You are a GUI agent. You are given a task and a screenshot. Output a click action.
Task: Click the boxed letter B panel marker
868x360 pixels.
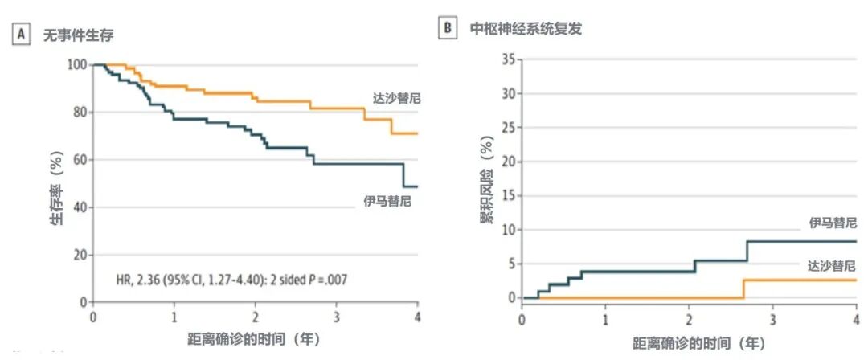point(447,28)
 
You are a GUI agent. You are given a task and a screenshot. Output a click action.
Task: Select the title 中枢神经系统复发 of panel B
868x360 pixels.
point(526,28)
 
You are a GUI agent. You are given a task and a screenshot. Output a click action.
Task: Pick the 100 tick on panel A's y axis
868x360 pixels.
point(77,64)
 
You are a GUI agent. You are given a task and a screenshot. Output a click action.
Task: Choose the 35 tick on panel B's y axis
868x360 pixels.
point(507,59)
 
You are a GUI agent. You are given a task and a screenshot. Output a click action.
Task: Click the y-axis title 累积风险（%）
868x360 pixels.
point(487,183)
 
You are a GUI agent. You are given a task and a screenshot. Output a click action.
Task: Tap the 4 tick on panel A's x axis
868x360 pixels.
point(417,317)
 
